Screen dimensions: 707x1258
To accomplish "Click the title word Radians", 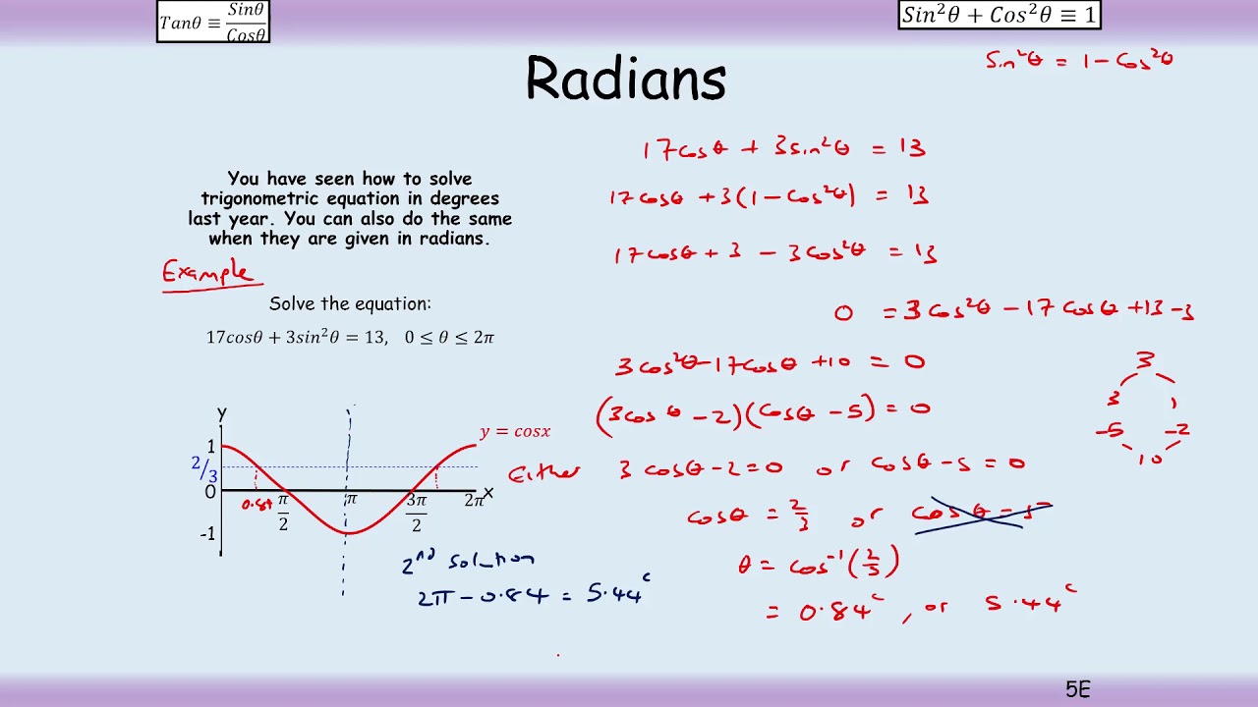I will [625, 79].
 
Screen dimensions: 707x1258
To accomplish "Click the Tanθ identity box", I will [213, 22].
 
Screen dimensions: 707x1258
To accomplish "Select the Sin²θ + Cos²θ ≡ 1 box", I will [999, 15].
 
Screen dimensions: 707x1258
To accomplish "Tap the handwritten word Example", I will [208, 272].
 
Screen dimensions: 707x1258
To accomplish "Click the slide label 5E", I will [1077, 689].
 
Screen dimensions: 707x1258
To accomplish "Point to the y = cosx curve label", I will [515, 432].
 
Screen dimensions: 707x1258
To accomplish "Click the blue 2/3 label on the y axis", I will [204, 468].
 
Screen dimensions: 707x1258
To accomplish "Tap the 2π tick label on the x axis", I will [474, 501].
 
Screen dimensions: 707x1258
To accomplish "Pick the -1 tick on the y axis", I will [207, 534].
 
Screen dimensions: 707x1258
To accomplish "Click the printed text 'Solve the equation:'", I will [350, 304].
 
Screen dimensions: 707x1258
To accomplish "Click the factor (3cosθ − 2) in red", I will [668, 413].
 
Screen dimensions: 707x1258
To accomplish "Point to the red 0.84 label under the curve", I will [257, 505].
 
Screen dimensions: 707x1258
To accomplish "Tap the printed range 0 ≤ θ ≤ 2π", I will [449, 337].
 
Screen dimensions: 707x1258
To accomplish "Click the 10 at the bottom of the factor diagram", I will [1149, 459].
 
